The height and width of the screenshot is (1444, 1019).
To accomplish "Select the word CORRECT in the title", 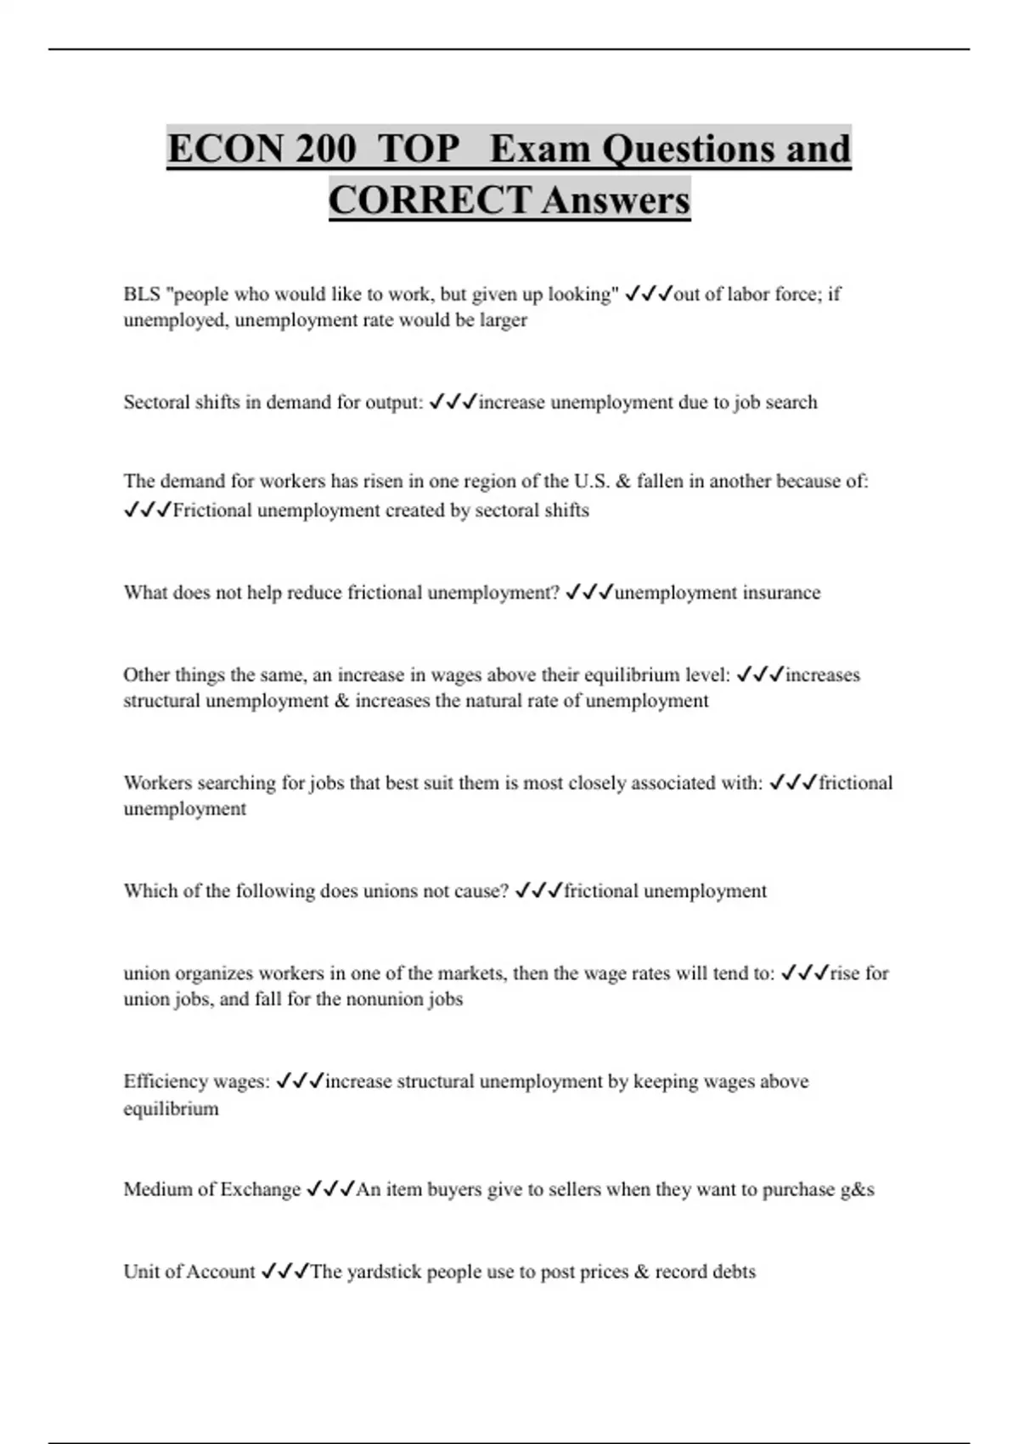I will [x=430, y=200].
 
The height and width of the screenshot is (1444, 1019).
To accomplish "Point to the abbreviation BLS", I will [x=141, y=294].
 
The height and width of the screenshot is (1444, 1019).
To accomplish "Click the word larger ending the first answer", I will [x=503, y=320].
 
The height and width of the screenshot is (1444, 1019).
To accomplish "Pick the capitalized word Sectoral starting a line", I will [x=157, y=402].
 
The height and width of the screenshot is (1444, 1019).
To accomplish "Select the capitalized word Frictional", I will [x=211, y=510].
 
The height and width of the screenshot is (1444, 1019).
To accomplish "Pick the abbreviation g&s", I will [x=857, y=1189].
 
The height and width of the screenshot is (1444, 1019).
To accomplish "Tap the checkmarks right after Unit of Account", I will [x=284, y=1272].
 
